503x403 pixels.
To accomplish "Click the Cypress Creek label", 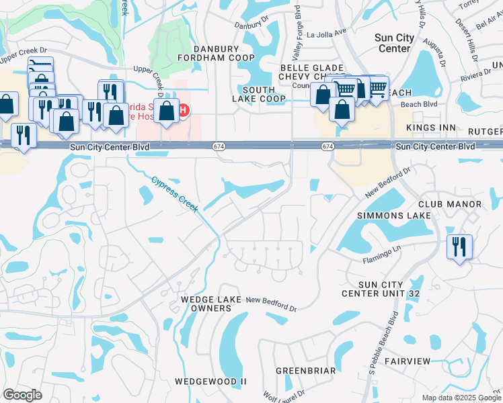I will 174,194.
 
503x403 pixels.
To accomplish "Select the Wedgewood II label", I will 210,382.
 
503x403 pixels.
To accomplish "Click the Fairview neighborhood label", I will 408,361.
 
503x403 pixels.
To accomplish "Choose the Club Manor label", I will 449,204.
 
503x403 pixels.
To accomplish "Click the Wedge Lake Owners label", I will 206,304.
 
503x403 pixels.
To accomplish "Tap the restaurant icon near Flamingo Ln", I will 459,246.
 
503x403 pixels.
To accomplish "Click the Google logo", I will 22,395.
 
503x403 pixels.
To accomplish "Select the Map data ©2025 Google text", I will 461,398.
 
